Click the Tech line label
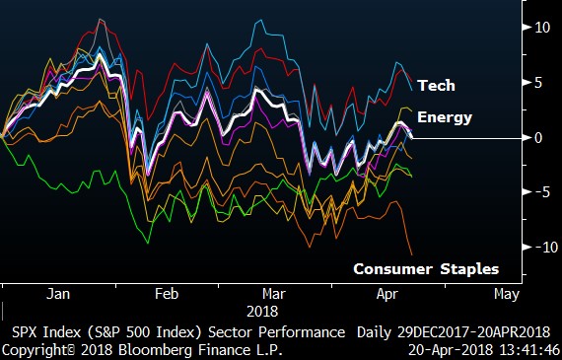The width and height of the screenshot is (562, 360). tap(436, 86)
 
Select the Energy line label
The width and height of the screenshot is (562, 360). tap(445, 117)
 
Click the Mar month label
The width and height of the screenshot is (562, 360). tap(275, 294)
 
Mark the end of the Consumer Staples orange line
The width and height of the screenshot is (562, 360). tap(411, 254)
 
